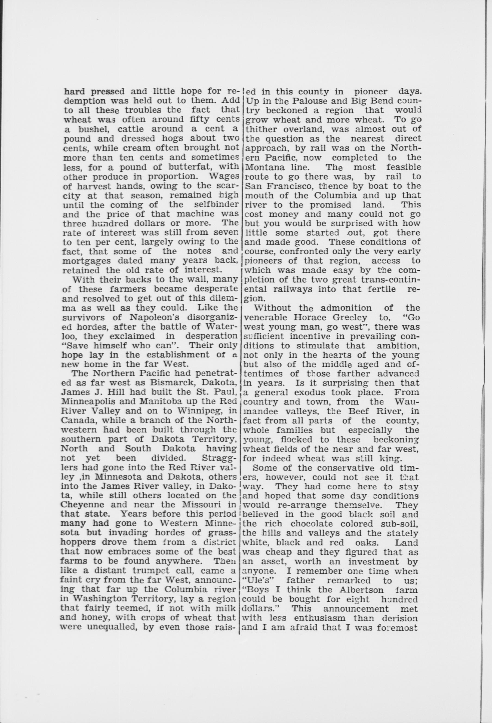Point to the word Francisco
283,186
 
